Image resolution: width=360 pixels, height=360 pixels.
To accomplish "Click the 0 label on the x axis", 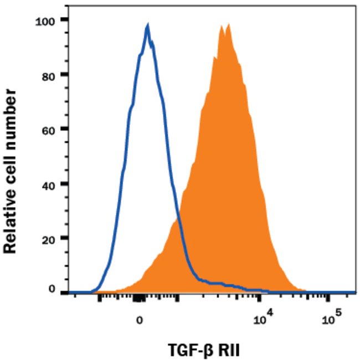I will (140, 320).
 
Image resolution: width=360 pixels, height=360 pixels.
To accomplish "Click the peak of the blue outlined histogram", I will (148, 25).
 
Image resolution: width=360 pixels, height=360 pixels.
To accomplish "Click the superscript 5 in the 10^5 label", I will (338, 314).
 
